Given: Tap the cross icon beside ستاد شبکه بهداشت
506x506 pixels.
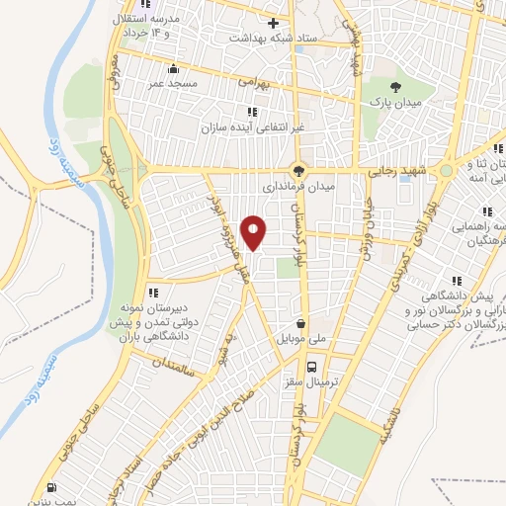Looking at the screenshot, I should [x=274, y=22].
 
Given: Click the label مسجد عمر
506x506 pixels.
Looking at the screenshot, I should [x=175, y=83].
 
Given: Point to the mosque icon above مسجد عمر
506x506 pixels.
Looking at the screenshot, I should [x=175, y=68].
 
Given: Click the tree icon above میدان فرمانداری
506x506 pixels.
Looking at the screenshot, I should [x=299, y=169].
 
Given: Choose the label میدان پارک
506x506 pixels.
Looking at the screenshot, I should [x=396, y=102].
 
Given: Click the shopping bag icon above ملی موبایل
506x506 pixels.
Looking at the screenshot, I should [x=300, y=323].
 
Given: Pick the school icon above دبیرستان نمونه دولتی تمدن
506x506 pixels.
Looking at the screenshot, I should [x=153, y=292].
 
